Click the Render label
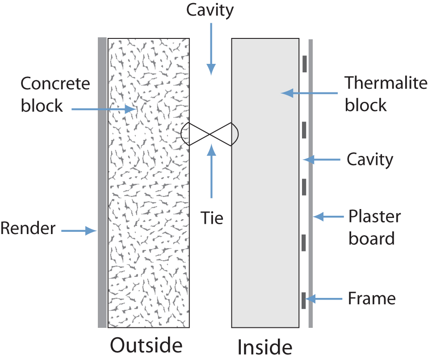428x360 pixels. point(28,228)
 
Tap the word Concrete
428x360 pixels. point(55,84)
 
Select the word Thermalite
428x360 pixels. point(386,83)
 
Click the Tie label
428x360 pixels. point(212,218)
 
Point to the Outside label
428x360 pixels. point(146,345)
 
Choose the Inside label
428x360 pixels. point(265,347)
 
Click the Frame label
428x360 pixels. point(372,298)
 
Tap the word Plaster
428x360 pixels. point(374,217)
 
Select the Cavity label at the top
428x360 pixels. point(210,11)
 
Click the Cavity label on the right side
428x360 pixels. point(370,160)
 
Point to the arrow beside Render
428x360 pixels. point(79,230)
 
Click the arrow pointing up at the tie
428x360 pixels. point(211,171)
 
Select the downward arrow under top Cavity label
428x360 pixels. point(211,49)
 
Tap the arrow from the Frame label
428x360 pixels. point(324,299)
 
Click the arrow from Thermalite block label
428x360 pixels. point(309,93)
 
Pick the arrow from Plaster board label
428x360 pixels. point(328,217)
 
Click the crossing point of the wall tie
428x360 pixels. point(210,134)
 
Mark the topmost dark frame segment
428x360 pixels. point(305,64)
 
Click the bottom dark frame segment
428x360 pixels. point(303,301)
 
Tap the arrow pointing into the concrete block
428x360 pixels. point(104,109)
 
